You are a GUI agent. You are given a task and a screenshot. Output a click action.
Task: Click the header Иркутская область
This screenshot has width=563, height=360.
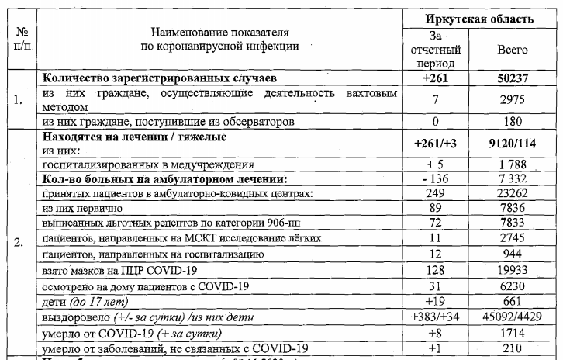[x=489, y=17]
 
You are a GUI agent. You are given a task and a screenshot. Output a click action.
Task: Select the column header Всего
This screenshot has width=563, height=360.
[x=512, y=50]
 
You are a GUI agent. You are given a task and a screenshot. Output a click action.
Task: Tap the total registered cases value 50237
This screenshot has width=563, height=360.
[x=512, y=79]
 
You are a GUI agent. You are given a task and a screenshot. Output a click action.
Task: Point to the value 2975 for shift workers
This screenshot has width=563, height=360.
[x=512, y=99]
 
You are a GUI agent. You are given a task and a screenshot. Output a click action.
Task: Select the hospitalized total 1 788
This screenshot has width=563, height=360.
[x=512, y=164]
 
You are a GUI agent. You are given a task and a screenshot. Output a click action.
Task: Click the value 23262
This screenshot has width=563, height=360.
[x=512, y=192]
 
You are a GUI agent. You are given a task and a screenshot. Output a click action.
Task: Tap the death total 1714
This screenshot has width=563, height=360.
[x=512, y=333]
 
